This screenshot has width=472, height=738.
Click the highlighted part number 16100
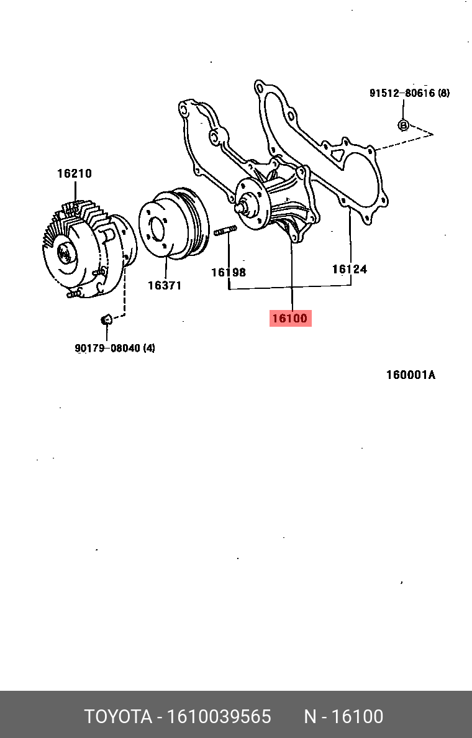[x=290, y=319]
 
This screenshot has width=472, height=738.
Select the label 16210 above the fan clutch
[x=75, y=174]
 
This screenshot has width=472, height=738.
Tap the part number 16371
[x=164, y=286]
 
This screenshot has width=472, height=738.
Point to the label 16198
[x=228, y=272]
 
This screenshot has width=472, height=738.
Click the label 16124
[x=349, y=269]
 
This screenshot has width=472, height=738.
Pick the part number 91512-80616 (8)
[x=409, y=94]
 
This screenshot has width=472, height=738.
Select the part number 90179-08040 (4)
[x=115, y=348]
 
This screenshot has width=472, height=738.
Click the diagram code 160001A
[x=411, y=375]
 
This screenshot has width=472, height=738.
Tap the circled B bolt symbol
[x=403, y=125]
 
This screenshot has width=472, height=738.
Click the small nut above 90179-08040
[x=106, y=319]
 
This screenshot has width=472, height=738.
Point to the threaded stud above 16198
[x=225, y=232]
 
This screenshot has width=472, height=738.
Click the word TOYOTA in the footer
[x=119, y=717]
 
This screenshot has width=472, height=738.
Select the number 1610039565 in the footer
[x=218, y=717]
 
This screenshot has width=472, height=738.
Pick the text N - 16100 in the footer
[x=343, y=717]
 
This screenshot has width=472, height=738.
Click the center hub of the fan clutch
[x=64, y=253]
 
